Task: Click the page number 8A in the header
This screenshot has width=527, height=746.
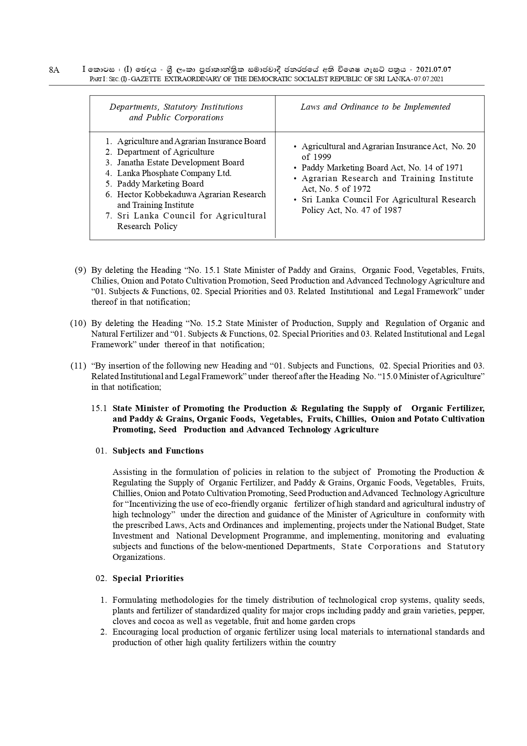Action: coord(54,70)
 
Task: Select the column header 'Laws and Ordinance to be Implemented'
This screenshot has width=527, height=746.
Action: coord(375,107)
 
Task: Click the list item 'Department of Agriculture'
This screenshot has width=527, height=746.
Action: coord(165,152)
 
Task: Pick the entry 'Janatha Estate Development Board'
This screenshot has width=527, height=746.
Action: coord(181,162)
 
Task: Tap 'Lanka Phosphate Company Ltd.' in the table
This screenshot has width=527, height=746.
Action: coord(174,173)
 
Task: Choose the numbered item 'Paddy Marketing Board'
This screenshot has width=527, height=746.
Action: coord(160,184)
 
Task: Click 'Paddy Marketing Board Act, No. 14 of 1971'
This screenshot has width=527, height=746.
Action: coord(382,167)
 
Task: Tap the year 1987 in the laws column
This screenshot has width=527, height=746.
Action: coord(392,210)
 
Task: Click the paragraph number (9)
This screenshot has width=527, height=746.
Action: coord(80,270)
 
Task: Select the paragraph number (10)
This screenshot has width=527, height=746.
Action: coord(78,323)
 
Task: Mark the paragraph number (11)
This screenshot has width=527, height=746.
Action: coord(78,366)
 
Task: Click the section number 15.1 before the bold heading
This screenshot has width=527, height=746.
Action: coord(99,408)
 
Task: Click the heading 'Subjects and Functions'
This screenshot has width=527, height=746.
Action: coord(158,451)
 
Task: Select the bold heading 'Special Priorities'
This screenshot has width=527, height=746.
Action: coord(148,578)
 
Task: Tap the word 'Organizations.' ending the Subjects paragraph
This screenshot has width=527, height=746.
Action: coord(139,557)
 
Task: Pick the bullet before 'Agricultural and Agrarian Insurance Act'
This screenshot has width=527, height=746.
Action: coord(295,147)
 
